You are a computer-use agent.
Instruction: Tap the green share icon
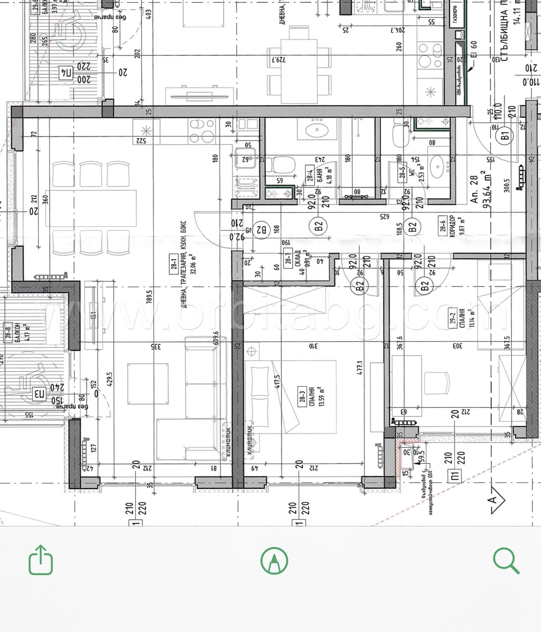point(41,560)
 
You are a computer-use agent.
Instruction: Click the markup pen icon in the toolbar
point(274,560)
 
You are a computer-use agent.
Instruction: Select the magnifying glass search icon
point(506,561)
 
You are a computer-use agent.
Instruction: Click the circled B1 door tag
point(505,136)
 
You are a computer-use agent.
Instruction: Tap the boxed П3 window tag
point(39,393)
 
